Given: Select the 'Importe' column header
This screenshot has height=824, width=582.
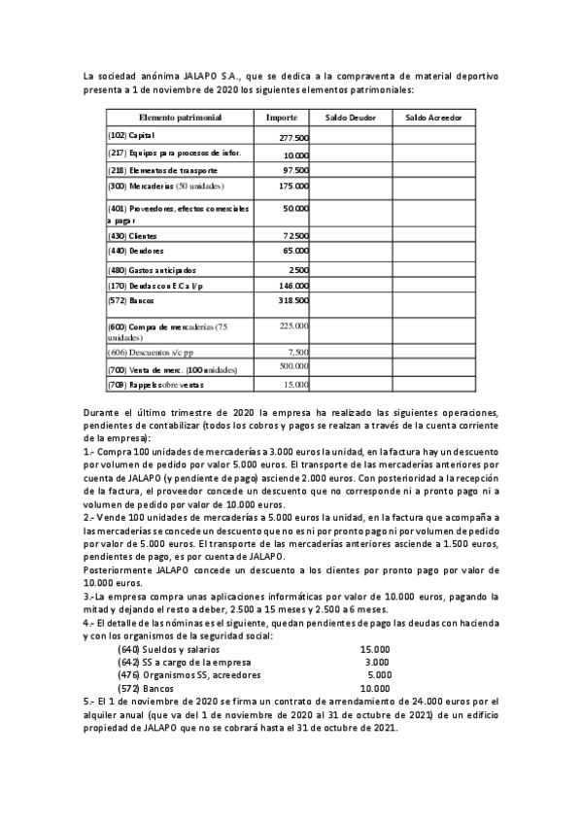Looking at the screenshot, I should (282, 118).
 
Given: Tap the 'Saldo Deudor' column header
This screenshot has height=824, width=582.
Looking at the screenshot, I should (350, 118).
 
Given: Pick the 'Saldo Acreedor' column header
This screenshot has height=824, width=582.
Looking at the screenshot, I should (434, 118).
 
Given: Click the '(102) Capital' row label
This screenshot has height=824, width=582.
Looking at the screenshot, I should (132, 136).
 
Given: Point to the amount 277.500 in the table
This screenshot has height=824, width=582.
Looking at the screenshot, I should (293, 138).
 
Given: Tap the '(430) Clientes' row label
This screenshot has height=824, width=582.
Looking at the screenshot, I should (132, 236).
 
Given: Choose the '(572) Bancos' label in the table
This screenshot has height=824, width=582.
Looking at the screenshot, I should (131, 301).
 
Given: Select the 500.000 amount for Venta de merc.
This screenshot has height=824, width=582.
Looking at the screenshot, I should (293, 366).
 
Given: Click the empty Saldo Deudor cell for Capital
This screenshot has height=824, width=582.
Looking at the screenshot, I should (350, 137).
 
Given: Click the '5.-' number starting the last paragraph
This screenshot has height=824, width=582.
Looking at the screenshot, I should (89, 699).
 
